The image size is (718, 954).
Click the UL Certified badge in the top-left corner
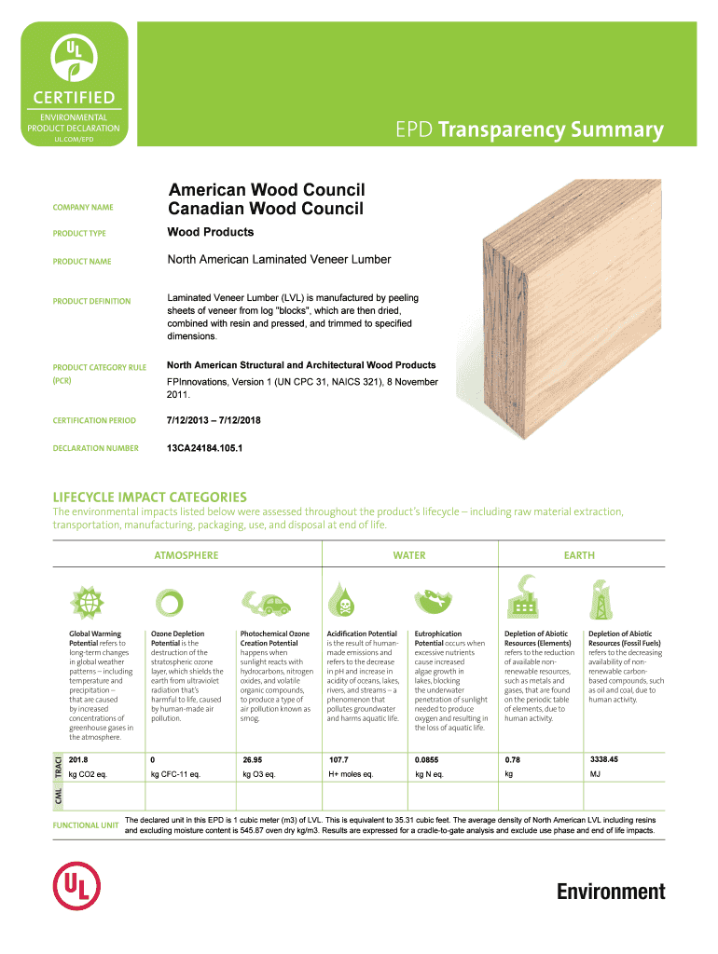(75, 84)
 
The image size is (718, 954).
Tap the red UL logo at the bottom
(76, 886)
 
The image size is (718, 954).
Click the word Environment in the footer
(611, 892)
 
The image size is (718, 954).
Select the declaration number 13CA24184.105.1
(204, 448)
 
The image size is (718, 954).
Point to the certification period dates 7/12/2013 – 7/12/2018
(214, 420)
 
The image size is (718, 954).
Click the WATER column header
(409, 555)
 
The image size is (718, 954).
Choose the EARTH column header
(579, 555)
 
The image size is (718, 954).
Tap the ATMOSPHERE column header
(186, 555)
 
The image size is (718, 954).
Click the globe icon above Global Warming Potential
(87, 603)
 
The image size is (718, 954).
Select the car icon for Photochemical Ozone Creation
(266, 603)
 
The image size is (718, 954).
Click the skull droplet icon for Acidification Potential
(341, 599)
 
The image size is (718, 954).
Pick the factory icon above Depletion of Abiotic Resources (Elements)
(523, 596)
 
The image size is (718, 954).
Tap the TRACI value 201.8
(78, 760)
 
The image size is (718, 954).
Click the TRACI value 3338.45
(604, 760)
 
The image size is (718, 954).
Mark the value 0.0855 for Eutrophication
(427, 760)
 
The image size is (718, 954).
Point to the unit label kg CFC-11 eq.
(175, 774)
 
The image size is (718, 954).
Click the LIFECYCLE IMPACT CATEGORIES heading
(150, 497)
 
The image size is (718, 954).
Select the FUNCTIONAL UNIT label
(86, 825)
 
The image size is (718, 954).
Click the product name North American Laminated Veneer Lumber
(279, 260)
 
